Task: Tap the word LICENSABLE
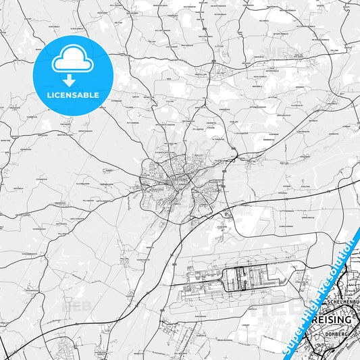[x=72, y=95]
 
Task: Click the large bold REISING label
[x=330, y=319]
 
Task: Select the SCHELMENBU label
[x=341, y=301]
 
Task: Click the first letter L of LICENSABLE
[x=48, y=95]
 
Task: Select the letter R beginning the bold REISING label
[x=310, y=319]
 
